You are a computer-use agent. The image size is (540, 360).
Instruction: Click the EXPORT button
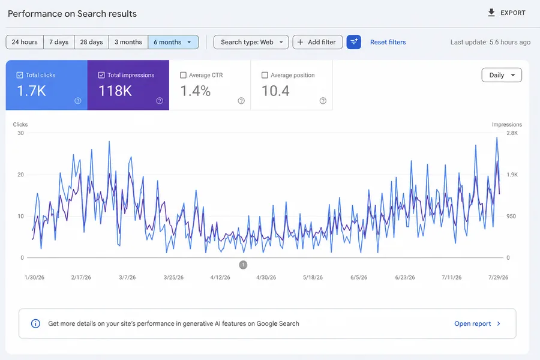point(506,13)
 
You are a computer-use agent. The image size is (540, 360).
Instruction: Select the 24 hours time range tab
point(25,42)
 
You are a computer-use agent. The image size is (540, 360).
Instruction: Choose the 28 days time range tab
point(91,42)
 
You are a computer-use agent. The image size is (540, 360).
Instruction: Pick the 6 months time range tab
point(173,42)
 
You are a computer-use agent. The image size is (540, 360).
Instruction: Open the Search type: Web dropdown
point(251,42)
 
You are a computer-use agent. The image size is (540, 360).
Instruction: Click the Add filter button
point(317,42)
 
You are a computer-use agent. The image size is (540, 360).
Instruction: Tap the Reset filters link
point(388,42)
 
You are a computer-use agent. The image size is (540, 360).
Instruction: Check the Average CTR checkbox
point(183,75)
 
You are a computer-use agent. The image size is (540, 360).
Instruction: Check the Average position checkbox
point(265,75)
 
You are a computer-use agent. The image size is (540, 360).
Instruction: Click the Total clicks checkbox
point(20,75)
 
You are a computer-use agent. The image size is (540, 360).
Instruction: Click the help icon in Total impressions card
point(160,101)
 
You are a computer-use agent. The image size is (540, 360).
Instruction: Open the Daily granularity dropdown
point(502,75)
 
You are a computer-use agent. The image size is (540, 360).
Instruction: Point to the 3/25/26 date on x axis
point(173,277)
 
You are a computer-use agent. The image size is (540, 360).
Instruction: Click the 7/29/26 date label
point(498,277)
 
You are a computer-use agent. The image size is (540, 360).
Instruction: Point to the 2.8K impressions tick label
point(512,133)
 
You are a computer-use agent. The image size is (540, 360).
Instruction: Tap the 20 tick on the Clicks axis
point(20,175)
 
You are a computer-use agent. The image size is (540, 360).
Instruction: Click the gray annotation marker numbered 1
point(243,265)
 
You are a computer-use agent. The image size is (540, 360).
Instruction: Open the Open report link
point(477,323)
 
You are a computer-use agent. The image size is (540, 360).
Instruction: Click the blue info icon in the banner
point(35,323)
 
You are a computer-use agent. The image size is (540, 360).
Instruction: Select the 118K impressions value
point(115,91)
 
